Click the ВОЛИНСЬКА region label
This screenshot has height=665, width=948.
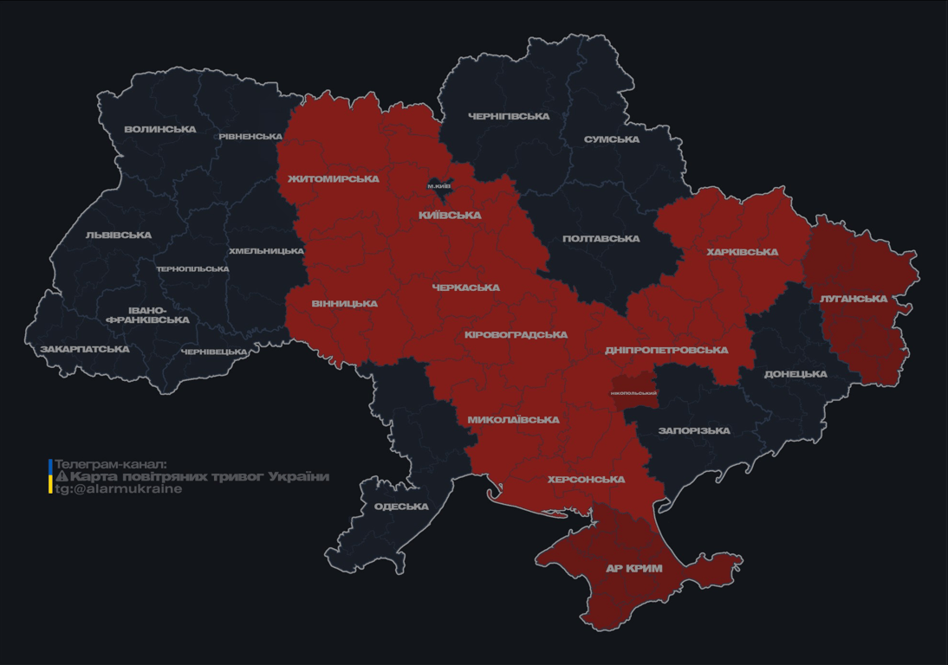pos(160,130)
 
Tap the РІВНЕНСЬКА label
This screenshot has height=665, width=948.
pos(250,137)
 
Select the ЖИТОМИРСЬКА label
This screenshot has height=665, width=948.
pos(334,179)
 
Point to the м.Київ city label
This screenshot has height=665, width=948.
pos(439,186)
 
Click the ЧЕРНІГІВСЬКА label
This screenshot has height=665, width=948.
pos(509,117)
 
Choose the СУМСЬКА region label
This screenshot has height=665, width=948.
pos(612,139)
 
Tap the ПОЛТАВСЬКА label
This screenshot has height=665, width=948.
pos(601,239)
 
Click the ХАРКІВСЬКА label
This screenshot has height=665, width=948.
pos(742,253)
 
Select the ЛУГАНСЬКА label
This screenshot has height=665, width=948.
pos(854,299)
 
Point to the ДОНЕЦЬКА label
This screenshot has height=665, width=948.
pos(795,374)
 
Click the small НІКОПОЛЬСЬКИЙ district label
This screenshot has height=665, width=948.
pos(633,393)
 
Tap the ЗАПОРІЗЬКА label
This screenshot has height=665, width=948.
pos(694,430)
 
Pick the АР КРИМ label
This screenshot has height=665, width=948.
pos(634,569)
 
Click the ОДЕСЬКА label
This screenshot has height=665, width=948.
pos(401,507)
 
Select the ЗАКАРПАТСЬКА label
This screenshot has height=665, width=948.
pos(85,350)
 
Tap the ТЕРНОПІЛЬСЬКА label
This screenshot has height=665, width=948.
pos(192,269)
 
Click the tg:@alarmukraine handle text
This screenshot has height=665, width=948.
pos(119,489)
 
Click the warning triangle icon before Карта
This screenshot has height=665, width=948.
pos(62,477)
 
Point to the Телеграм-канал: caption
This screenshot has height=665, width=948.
pos(110,464)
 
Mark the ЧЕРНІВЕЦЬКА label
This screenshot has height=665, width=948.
pos(214,352)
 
